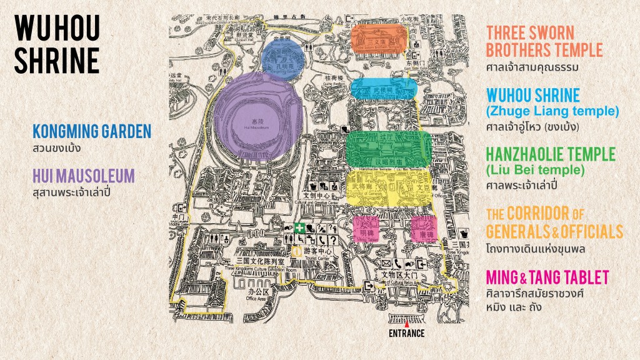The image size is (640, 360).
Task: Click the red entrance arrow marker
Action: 407,324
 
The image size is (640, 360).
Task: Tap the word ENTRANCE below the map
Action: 406,333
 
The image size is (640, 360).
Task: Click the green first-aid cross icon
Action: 299,229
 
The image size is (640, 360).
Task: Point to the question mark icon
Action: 333,240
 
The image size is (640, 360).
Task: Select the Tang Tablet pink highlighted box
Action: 424,229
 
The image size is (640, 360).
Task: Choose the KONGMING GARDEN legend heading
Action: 92,131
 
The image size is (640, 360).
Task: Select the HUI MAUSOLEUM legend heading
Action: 83,176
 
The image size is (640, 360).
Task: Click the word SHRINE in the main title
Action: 56,60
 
